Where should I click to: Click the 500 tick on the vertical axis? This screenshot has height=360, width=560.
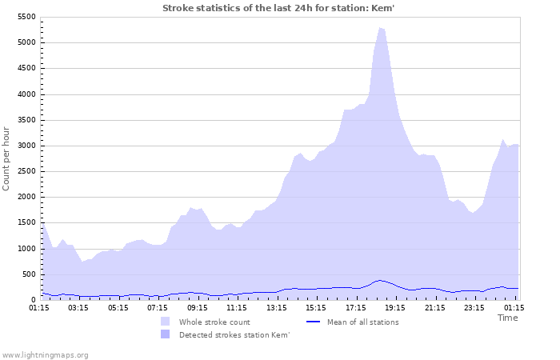click(29, 274)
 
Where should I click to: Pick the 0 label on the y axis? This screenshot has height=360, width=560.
click(34, 300)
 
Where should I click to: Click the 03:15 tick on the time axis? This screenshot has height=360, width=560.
click(78, 307)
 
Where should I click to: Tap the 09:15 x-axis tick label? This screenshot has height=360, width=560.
click(197, 307)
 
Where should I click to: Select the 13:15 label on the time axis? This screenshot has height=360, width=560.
click(276, 307)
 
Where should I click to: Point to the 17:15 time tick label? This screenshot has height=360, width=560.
click(355, 307)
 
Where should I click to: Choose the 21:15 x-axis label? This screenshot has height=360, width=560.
click(434, 307)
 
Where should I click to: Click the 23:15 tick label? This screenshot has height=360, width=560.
click(474, 307)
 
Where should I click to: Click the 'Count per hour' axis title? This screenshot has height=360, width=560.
click(7, 158)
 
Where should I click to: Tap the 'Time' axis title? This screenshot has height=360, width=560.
click(507, 318)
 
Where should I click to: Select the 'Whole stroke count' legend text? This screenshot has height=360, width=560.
click(214, 322)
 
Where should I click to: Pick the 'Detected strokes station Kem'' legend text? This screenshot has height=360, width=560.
click(234, 334)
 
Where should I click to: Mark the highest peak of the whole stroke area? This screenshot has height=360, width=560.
click(381, 28)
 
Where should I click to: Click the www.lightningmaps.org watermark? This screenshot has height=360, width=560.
click(45, 354)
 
